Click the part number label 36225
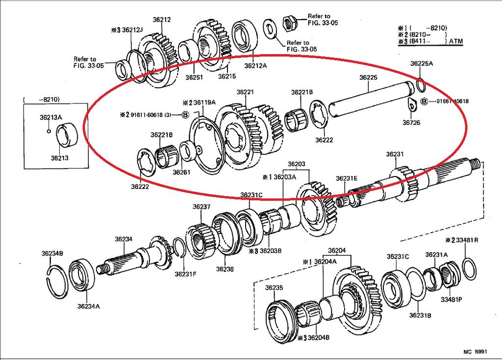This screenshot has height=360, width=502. click(368, 77)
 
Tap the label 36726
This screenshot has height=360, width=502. click(411, 122)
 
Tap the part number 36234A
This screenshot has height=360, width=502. click(88, 306)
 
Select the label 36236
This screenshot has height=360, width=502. click(225, 269)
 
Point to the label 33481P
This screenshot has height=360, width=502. click(451, 300)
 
